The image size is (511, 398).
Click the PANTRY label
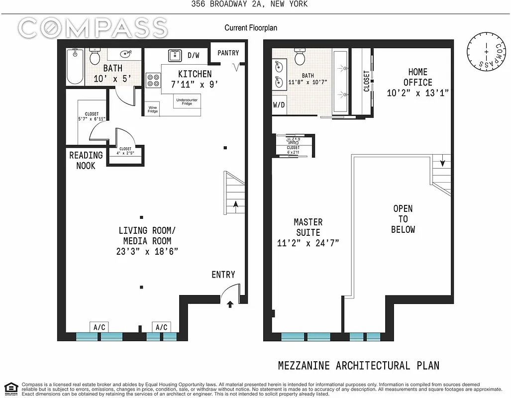(x=228, y=53)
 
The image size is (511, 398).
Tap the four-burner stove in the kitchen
(x=152, y=80)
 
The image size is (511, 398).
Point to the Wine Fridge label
(x=153, y=109)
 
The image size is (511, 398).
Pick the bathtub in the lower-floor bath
(x=76, y=66)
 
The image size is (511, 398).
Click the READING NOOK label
(x=86, y=160)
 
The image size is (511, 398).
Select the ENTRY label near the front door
(x=223, y=275)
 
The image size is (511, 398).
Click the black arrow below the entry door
(x=229, y=304)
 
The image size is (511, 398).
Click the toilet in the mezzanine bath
(x=300, y=57)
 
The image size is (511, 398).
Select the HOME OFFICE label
(x=417, y=77)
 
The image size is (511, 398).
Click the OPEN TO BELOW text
(x=403, y=219)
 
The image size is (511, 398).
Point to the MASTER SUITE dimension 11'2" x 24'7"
(x=308, y=243)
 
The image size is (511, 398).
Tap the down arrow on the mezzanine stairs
(x=441, y=162)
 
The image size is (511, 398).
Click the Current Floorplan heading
(x=251, y=28)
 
